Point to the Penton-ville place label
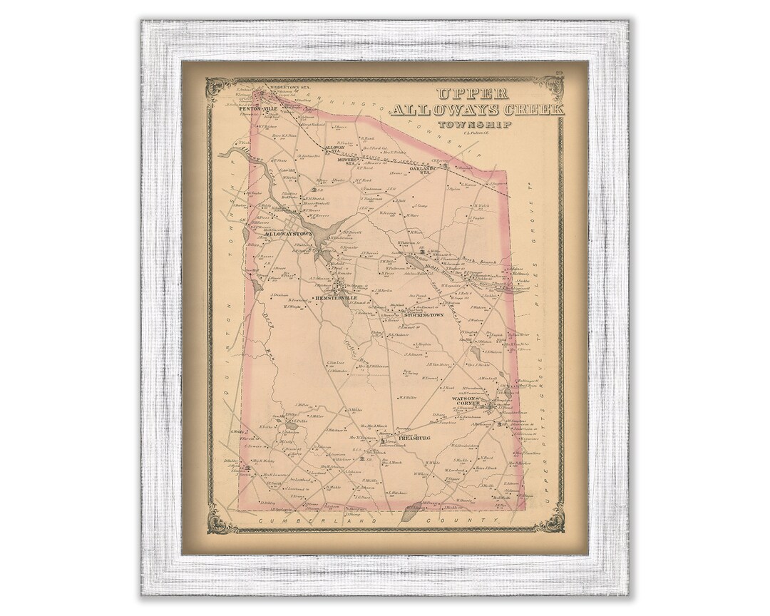click(257, 108)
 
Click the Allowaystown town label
click(288, 233)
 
